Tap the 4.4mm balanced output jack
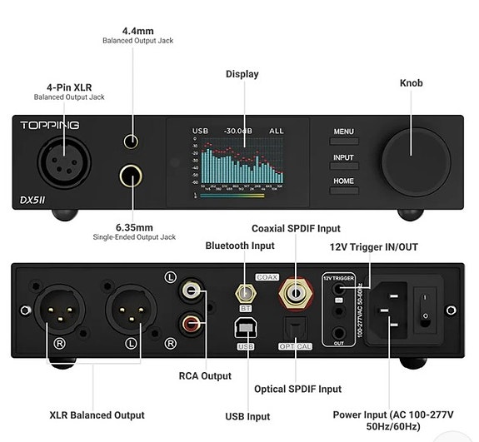pos(131,142)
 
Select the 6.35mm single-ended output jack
pos(131,176)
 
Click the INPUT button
pos(343,156)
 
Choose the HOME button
pos(343,181)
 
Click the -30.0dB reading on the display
pos(238,132)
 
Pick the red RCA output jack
pos(192,320)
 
